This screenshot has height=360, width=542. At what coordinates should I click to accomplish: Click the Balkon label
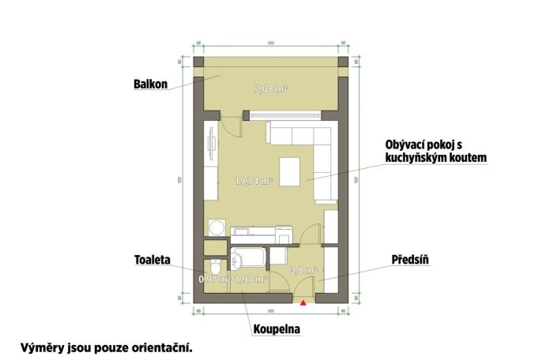pos(151,84)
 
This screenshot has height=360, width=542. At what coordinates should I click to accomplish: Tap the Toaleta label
pos(154,259)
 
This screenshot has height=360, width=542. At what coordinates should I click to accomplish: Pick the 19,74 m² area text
pos(254,181)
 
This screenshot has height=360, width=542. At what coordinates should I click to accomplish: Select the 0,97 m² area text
pos(213,279)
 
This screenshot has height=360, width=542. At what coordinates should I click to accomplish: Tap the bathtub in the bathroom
pos(249,257)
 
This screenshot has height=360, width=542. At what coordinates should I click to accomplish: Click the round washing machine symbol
pos(215,228)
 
